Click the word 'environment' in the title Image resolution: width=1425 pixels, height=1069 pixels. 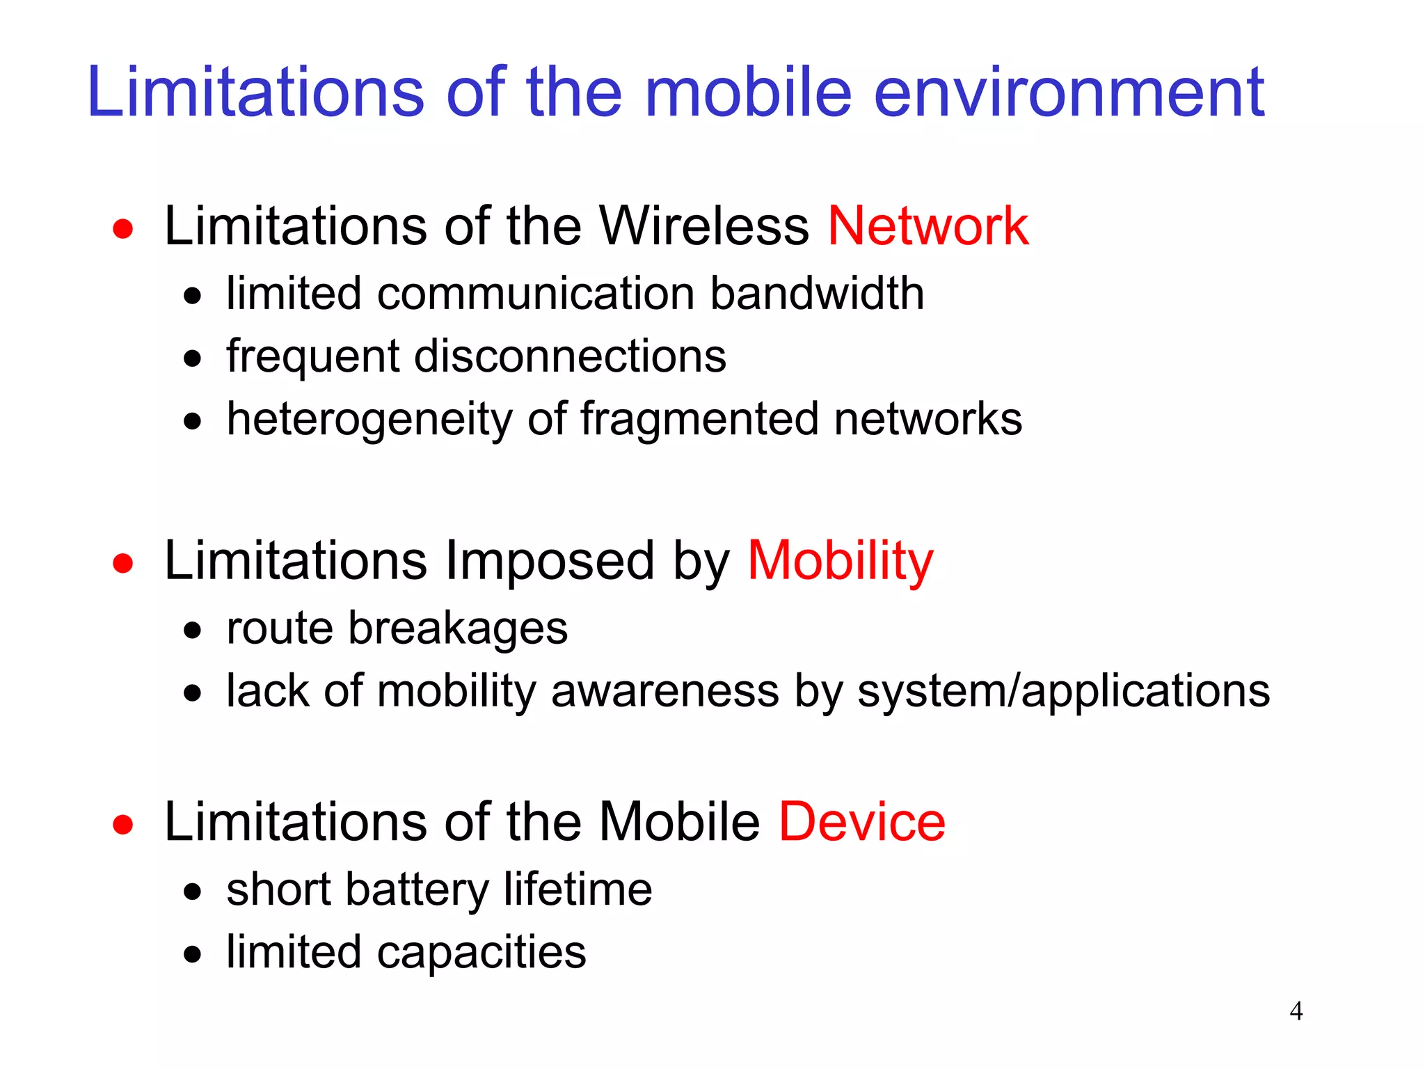[1068, 92]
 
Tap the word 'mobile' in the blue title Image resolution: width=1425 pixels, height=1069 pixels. [748, 92]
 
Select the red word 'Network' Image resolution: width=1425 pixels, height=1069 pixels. [928, 226]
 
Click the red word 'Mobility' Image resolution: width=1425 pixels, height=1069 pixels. [840, 561]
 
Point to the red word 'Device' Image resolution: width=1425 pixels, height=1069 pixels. [861, 822]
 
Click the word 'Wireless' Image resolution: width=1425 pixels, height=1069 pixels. [704, 226]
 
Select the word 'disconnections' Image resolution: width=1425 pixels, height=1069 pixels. [570, 356]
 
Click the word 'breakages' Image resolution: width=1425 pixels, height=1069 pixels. [458, 628]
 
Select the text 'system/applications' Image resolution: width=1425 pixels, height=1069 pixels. [1063, 692]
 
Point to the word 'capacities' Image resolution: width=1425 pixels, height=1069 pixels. [481, 953]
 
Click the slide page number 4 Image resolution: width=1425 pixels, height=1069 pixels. [1296, 1011]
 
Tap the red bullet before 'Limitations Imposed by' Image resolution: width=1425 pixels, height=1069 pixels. [123, 562]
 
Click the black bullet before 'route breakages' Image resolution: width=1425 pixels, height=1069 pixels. [193, 631]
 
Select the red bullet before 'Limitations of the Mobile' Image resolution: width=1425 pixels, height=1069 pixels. [123, 825]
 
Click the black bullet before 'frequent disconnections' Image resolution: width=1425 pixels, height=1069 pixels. [193, 359]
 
